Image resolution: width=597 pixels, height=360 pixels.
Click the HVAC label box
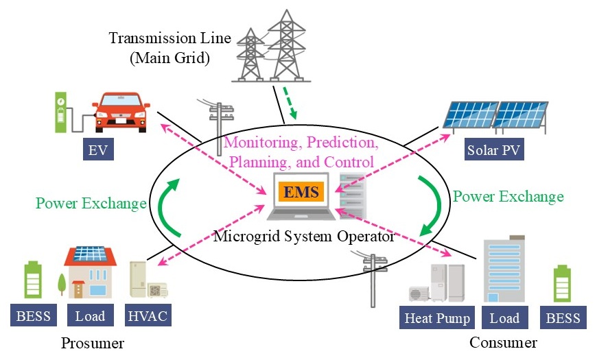point(148,316)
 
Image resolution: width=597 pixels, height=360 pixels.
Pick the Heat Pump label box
point(437,318)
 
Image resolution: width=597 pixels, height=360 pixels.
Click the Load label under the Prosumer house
point(90,316)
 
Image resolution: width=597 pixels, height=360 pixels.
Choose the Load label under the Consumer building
point(505,318)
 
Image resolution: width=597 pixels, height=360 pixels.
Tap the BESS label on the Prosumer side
point(33,316)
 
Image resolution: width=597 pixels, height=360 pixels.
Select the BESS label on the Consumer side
point(563,318)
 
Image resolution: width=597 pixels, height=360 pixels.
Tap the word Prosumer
point(92,342)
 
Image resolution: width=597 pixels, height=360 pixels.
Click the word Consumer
point(503,342)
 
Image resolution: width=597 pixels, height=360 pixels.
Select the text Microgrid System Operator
point(304,237)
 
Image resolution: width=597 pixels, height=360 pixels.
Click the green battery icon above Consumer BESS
point(563,284)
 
